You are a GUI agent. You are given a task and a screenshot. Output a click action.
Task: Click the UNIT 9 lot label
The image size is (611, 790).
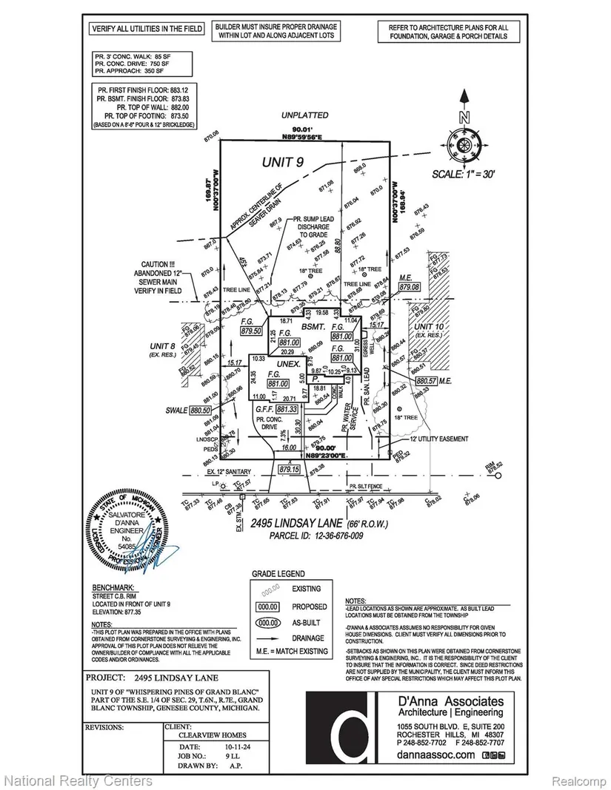(x=284, y=161)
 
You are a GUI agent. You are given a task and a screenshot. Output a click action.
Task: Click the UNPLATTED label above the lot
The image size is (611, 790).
(x=304, y=116)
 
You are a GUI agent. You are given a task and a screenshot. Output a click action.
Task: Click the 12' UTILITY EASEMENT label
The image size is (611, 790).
(x=437, y=439)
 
